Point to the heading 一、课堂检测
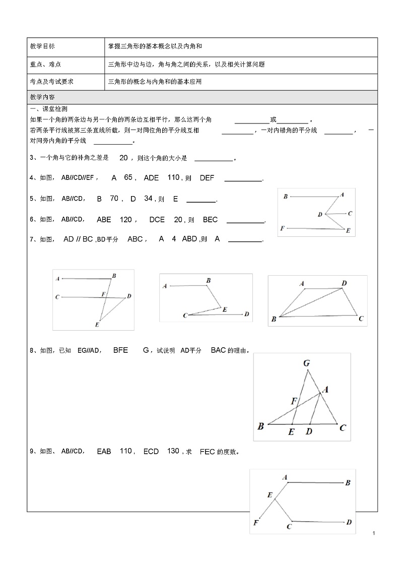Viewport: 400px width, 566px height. pos(49,109)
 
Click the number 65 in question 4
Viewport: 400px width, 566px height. pos(128,177)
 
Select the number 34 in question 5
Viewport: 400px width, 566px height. pos(148,199)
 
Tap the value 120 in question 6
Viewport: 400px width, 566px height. pos(126,220)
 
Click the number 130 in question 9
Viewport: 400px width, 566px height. pos(173,451)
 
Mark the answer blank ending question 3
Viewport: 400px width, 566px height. pos(214,159)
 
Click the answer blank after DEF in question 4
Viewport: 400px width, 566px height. pos(243,178)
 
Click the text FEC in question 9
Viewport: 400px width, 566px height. pos(208,452)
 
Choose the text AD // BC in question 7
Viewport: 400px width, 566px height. pos(78,239)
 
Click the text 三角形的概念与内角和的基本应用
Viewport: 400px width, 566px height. pos(155,81)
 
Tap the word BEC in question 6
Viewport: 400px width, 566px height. pos(210,220)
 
